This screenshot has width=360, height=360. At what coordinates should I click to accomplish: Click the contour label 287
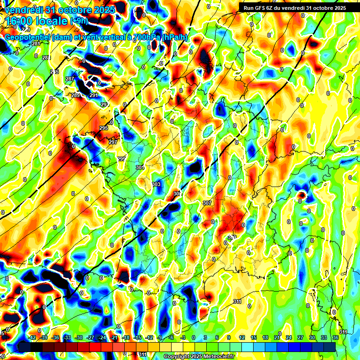70,79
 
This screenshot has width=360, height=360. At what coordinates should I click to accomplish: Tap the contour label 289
75,95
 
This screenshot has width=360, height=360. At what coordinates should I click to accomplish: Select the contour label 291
93,95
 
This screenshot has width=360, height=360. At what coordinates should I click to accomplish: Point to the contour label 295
104,128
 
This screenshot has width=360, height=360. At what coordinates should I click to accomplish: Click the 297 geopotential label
112,142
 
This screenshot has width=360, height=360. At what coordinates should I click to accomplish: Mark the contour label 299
121,159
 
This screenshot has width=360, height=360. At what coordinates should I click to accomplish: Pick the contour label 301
140,167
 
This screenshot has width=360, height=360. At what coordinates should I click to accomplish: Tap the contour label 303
156,184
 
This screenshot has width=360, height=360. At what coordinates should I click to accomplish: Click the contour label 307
208,203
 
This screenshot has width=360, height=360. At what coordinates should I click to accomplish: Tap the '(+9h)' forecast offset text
78,21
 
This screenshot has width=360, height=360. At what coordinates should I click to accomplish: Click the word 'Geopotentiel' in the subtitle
28,37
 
